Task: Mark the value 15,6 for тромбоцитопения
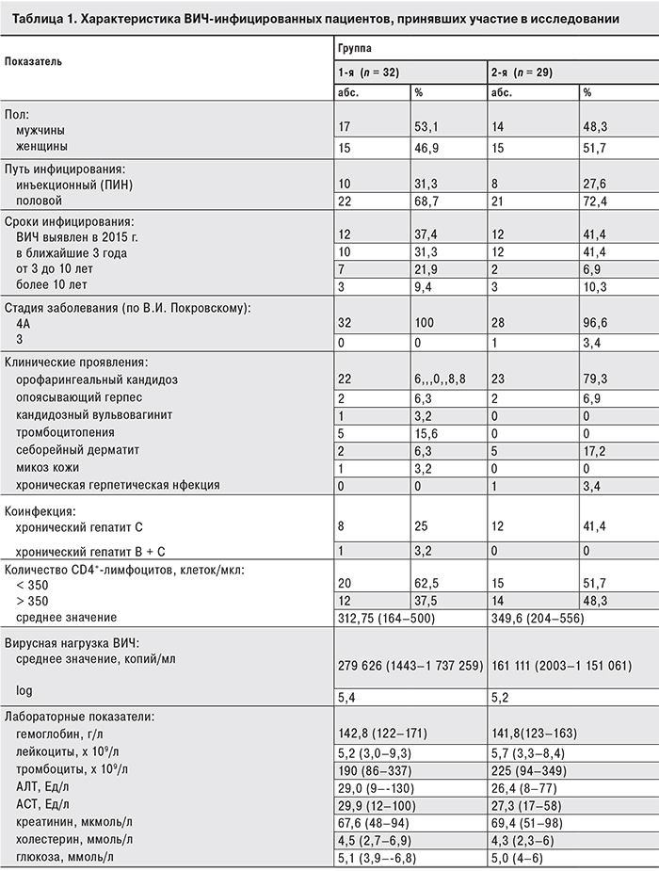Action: click(x=428, y=432)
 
